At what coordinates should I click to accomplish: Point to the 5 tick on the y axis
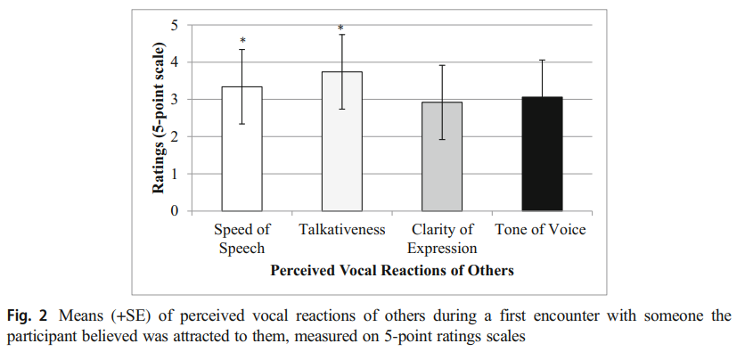click(x=174, y=24)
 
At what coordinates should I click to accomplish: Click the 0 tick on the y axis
click(x=174, y=211)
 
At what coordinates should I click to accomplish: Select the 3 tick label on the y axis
click(x=174, y=99)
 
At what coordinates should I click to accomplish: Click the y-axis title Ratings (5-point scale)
click(x=159, y=118)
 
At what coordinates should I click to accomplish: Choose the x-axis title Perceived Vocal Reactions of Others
click(x=392, y=269)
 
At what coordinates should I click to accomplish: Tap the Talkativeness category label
click(x=342, y=230)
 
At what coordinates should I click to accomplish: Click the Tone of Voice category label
click(x=541, y=230)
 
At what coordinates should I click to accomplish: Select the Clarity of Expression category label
click(x=441, y=239)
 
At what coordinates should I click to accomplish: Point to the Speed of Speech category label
click(x=242, y=239)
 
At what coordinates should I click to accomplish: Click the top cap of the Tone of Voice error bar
click(x=541, y=60)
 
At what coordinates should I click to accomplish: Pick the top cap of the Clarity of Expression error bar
click(x=441, y=65)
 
